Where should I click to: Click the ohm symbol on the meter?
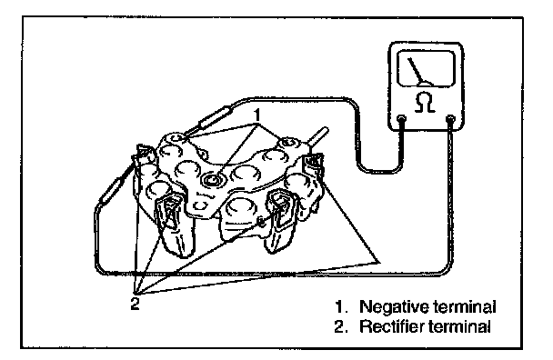425,102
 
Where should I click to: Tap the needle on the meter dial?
417,71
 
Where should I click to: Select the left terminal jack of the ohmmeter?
401,119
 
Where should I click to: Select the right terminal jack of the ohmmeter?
451,119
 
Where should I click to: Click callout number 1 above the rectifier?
257,115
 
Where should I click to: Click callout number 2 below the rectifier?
136,304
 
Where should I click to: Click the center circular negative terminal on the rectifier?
213,180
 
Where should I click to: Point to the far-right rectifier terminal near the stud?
313,165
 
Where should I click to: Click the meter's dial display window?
426,69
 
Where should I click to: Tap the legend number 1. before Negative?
341,307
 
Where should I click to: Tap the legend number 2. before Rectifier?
341,326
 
